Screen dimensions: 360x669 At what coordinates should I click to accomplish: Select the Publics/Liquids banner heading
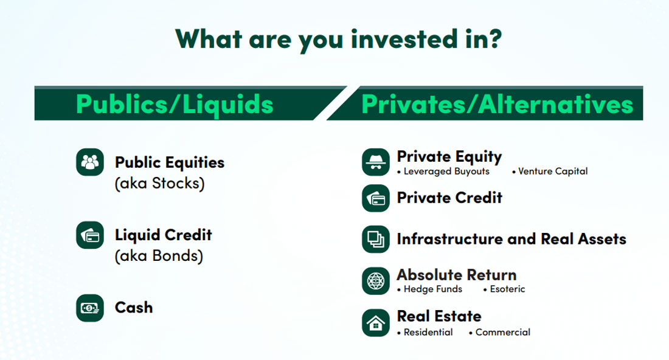coord(175,104)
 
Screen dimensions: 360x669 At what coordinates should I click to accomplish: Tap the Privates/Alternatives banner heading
coord(497,104)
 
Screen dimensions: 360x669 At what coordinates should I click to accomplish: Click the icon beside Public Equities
coord(89,162)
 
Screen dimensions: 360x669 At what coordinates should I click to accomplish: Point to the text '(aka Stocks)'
coord(159,183)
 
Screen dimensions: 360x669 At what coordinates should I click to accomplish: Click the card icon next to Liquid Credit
coord(89,235)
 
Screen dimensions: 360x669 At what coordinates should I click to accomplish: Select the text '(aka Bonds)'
coord(158,256)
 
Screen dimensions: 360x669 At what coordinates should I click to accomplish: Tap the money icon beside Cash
coord(89,308)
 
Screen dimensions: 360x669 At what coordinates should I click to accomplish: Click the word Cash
coord(134,308)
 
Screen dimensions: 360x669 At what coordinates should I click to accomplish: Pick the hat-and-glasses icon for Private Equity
coord(375,162)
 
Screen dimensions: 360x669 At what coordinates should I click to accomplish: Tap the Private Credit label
coord(449,198)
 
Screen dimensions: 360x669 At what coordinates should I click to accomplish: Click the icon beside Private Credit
coord(375,198)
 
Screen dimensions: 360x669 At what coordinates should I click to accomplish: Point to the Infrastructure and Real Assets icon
coord(375,239)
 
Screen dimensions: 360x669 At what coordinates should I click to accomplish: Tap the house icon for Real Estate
coord(375,322)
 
